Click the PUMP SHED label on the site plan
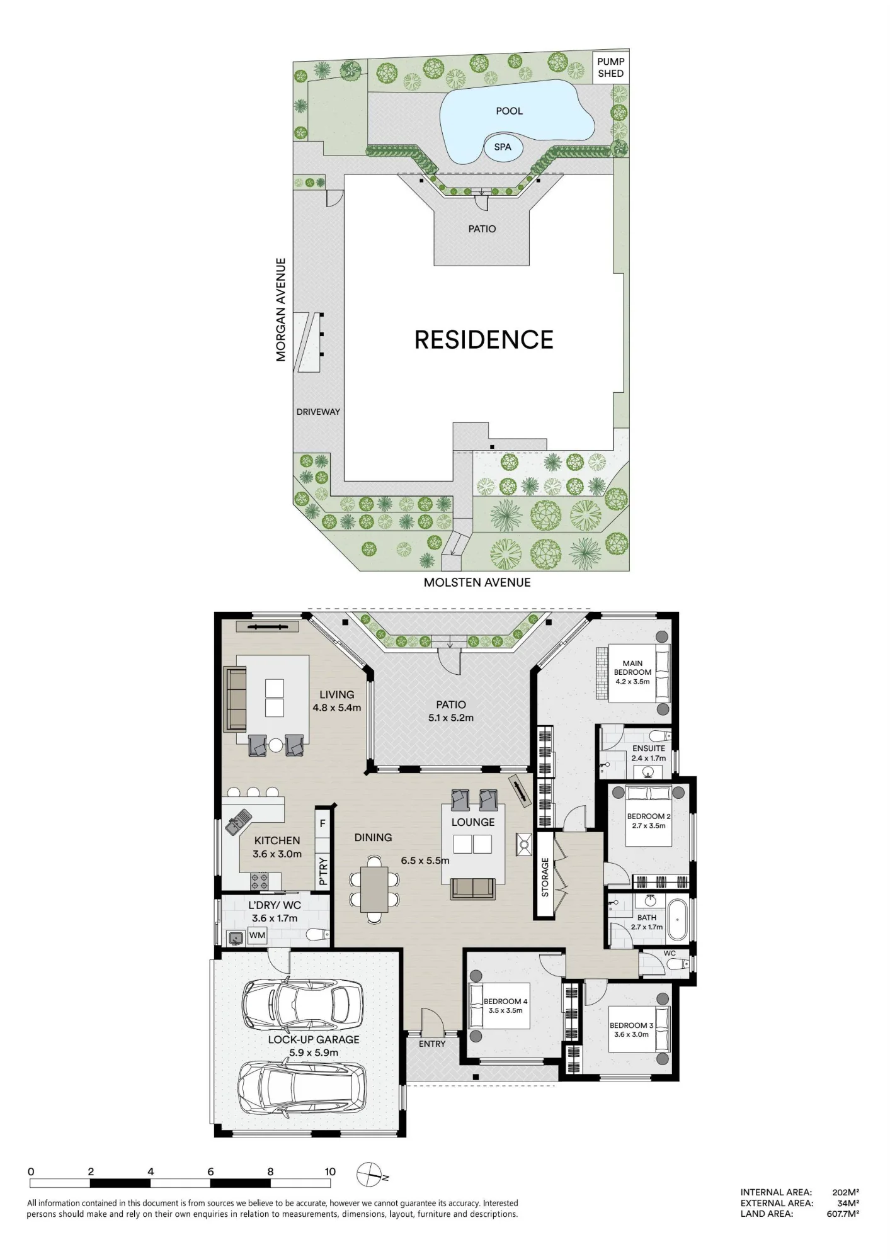tap(610, 67)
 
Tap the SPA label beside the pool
tap(503, 147)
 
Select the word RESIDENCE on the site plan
tap(484, 340)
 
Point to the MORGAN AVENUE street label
tap(281, 310)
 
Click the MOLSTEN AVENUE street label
tap(477, 583)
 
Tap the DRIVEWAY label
tap(318, 412)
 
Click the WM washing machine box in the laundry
tap(257, 935)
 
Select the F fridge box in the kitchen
tap(322, 823)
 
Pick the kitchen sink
tap(238, 822)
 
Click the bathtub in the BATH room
tap(678, 920)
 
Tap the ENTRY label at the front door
tap(432, 1044)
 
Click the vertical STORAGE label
tap(545, 877)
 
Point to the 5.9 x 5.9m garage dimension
tap(314, 1053)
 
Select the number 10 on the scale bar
tap(330, 1171)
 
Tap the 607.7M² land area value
tap(843, 1214)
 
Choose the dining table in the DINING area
tap(375, 889)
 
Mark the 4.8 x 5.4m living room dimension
tap(337, 708)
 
